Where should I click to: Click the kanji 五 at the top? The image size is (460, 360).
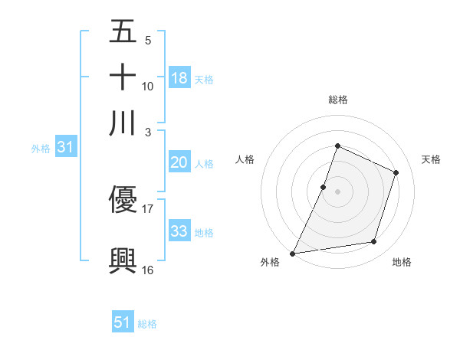(x=123, y=32)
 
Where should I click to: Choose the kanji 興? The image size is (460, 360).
(x=123, y=260)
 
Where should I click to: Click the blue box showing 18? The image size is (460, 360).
(x=179, y=77)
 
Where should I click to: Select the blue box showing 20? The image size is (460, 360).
(x=179, y=162)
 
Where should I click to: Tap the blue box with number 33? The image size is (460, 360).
(x=179, y=231)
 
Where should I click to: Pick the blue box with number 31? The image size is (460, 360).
(x=65, y=148)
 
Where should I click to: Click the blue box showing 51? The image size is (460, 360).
(x=123, y=322)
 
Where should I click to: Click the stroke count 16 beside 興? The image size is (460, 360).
(x=148, y=269)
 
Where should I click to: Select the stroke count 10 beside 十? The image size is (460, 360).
(x=148, y=86)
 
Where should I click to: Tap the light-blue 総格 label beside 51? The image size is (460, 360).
(x=147, y=324)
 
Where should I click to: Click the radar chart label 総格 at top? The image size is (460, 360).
(x=337, y=100)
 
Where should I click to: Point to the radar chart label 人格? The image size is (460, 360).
(x=245, y=159)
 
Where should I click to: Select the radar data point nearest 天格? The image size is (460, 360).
(x=396, y=172)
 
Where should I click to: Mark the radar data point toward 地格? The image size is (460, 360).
(x=374, y=242)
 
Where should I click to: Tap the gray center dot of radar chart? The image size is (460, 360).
(x=337, y=191)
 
